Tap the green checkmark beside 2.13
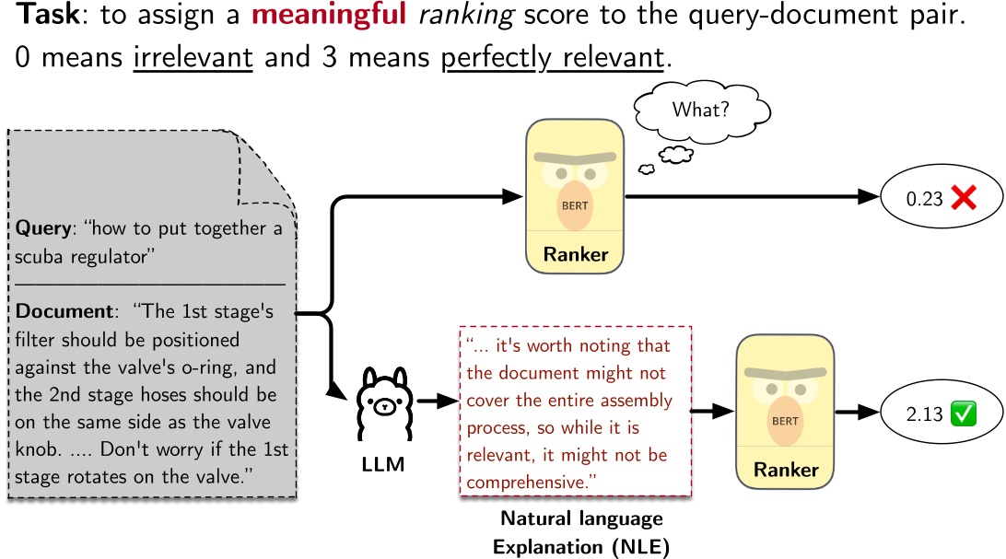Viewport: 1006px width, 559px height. (963, 414)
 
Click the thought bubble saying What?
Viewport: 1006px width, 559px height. (702, 110)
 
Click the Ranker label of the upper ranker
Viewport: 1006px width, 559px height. (577, 253)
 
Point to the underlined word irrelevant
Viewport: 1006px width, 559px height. (193, 58)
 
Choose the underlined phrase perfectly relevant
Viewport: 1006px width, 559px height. (553, 58)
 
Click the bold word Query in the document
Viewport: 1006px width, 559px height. (42, 228)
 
